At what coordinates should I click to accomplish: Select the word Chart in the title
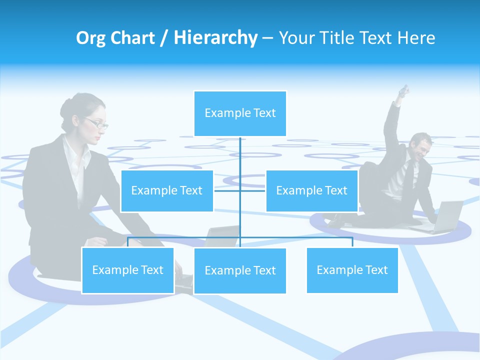[x=135, y=38]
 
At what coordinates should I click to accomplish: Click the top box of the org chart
[x=240, y=113]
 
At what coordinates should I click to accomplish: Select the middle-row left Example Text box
[x=167, y=191]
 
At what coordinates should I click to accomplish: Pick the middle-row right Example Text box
[x=311, y=191]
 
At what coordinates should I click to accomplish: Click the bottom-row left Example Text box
[x=127, y=270]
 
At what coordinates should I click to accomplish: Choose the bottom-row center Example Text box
[x=240, y=271]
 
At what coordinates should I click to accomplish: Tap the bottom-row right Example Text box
[x=352, y=270]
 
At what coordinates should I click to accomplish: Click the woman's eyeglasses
[x=96, y=123]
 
